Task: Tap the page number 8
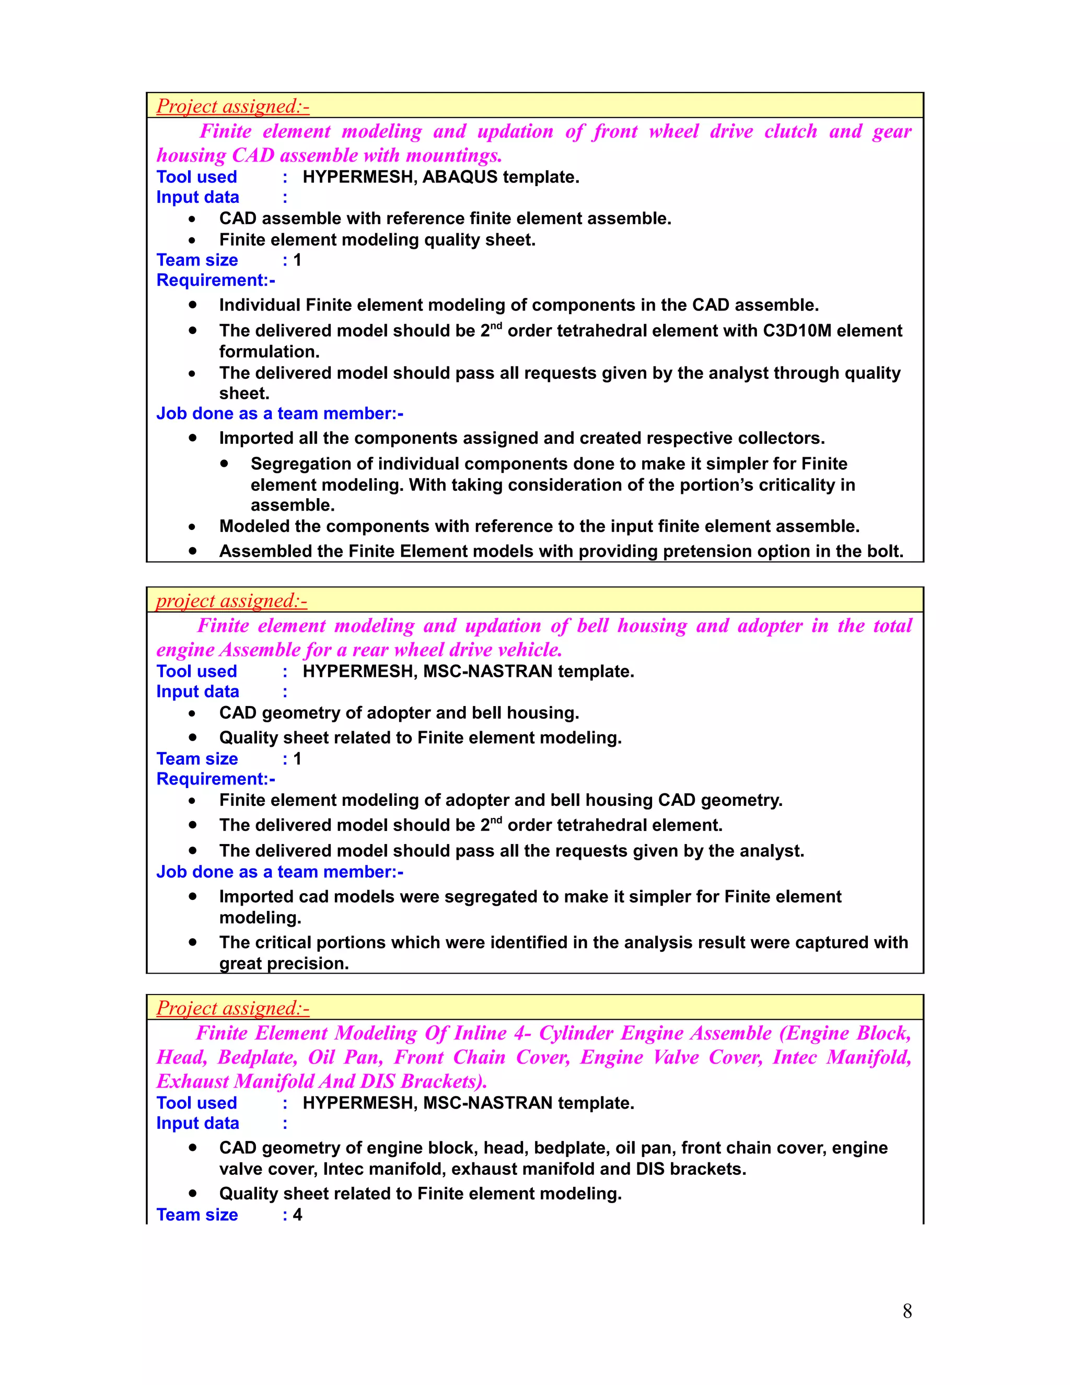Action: pyautogui.click(x=907, y=1311)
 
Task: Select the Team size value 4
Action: pyautogui.click(x=297, y=1215)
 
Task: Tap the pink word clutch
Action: pyautogui.click(x=790, y=131)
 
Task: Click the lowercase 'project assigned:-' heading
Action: pyautogui.click(x=231, y=601)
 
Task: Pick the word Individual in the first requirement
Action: pyautogui.click(x=260, y=305)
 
